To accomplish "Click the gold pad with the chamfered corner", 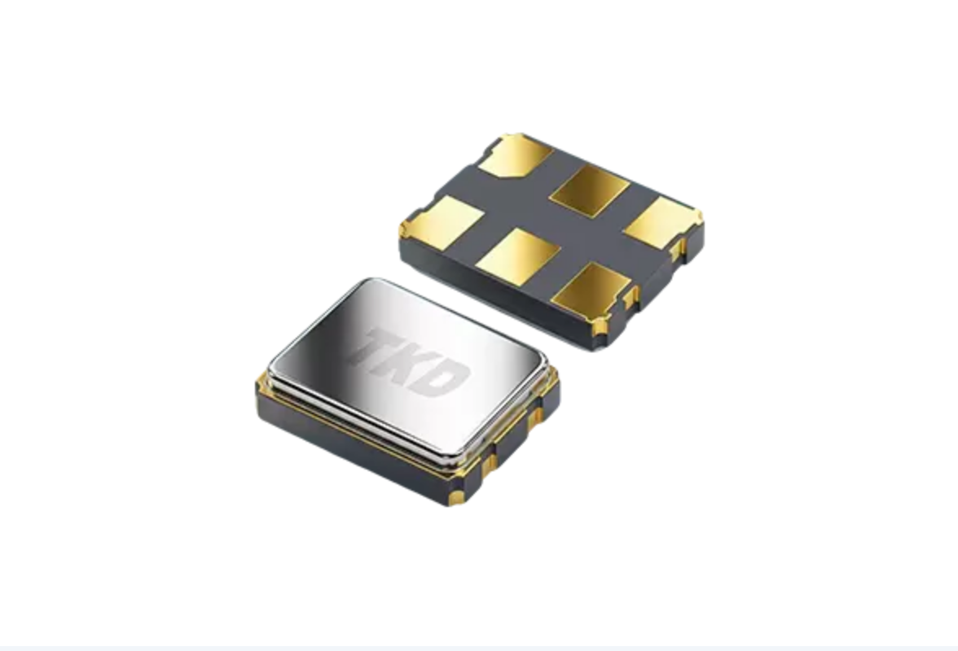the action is click(515, 155).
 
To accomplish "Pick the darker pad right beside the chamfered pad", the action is click(589, 191).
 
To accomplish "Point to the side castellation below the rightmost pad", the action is click(676, 249).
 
